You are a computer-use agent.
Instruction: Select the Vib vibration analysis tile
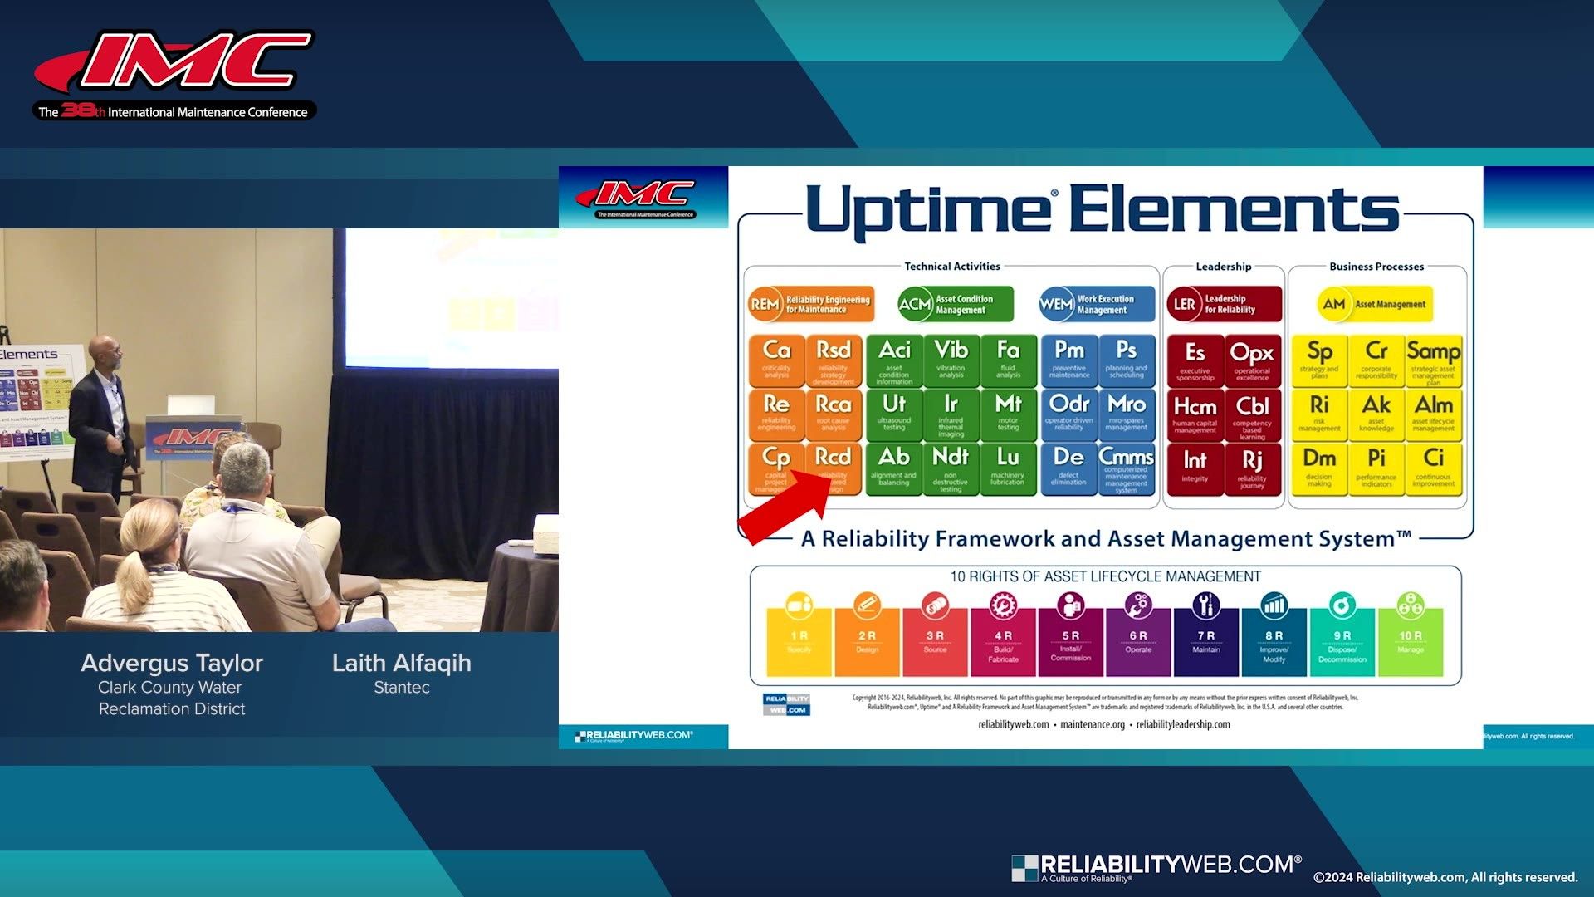click(951, 360)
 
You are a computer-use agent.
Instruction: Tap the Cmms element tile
click(1126, 468)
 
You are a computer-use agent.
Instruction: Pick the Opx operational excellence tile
click(1252, 360)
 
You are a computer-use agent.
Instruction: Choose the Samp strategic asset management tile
click(1434, 360)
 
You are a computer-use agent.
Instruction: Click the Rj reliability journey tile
click(1252, 468)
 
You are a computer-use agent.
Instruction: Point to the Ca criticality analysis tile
click(776, 360)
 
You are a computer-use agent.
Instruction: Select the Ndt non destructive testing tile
click(951, 468)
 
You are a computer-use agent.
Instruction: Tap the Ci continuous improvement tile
click(1434, 468)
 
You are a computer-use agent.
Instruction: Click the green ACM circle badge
click(914, 304)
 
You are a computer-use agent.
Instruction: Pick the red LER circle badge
click(1184, 304)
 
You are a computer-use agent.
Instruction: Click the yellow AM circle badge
click(1333, 304)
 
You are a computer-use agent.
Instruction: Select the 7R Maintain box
click(1206, 642)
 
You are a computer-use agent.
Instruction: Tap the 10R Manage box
click(1411, 642)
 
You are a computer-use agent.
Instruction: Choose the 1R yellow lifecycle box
click(799, 642)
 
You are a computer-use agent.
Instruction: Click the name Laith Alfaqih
click(401, 663)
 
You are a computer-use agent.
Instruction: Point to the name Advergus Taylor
click(172, 663)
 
